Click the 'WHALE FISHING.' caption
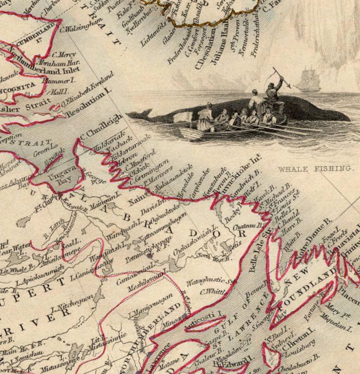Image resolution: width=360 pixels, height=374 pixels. pyautogui.click(x=314, y=169)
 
